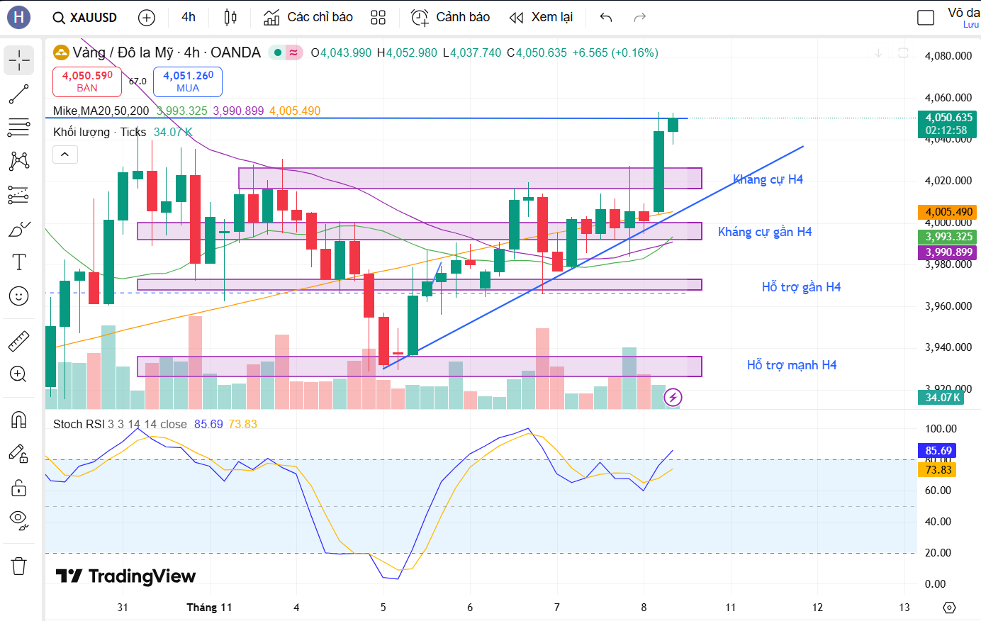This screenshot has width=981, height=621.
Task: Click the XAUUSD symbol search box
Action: coord(85,17)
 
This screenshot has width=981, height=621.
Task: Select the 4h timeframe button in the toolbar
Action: coord(189,17)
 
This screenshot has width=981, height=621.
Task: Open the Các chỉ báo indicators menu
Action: coord(308,17)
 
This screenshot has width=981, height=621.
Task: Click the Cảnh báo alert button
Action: coord(451,17)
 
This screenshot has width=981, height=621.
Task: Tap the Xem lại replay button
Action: coord(542,17)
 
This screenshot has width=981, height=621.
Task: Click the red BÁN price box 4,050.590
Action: coord(87,82)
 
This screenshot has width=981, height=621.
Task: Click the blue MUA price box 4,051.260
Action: coord(188,82)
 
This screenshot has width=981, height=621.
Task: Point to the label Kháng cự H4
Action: coord(768,179)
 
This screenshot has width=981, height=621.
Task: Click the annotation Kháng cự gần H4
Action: coord(765,232)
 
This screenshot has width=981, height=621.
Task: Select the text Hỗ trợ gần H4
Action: coord(801,287)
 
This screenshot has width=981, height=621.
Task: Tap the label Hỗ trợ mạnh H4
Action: coord(792,365)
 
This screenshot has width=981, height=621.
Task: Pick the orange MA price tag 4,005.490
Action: coord(948,212)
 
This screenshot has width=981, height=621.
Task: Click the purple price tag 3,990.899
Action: coord(948,252)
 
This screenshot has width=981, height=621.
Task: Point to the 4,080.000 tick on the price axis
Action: coord(948,56)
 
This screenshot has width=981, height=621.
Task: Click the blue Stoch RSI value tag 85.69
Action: coord(938,451)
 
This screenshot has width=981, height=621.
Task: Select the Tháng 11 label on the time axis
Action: coord(209,608)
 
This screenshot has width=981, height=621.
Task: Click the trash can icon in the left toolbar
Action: coord(19,566)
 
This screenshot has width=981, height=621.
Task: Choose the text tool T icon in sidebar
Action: coord(19,262)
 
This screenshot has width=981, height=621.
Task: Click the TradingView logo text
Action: coord(126,576)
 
